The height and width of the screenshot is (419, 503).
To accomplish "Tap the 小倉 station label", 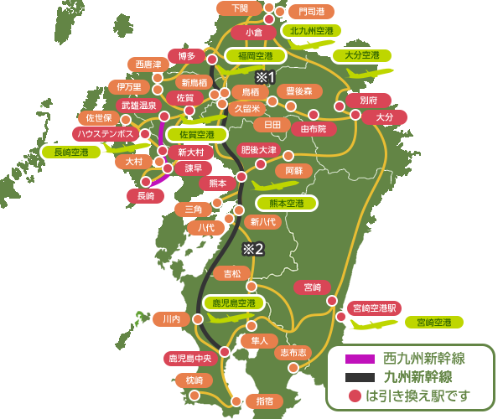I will (254, 33).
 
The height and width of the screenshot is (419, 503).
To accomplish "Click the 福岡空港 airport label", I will (255, 56).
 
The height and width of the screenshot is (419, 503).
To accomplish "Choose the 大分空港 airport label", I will (355, 56).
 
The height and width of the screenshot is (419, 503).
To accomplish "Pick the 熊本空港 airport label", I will (287, 203).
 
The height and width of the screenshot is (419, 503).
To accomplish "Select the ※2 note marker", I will (253, 248).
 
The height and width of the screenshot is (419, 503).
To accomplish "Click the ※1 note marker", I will (265, 77).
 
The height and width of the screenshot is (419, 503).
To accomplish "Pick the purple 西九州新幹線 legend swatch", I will (357, 358).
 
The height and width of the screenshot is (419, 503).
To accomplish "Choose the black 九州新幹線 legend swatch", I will (357, 376).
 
